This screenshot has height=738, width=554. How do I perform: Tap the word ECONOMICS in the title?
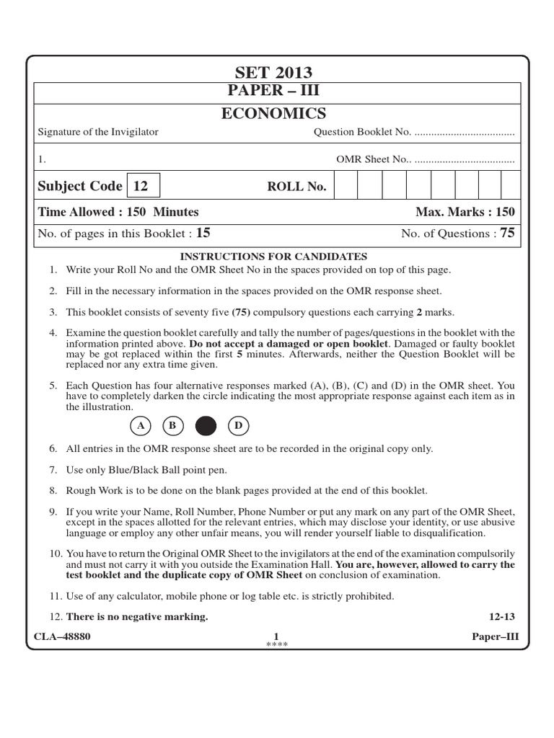click(x=273, y=113)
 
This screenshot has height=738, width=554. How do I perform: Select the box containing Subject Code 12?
click(x=143, y=186)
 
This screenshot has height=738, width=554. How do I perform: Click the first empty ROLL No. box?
click(x=346, y=186)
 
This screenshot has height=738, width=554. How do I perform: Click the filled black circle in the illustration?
click(x=206, y=426)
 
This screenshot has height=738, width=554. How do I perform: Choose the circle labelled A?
click(x=141, y=426)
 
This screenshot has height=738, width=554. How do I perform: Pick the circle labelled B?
click(x=172, y=426)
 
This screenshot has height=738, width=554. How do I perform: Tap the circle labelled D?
click(x=238, y=426)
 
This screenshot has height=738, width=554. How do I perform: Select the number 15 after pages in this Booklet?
click(x=203, y=233)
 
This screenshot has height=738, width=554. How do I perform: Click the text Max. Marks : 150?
click(x=465, y=212)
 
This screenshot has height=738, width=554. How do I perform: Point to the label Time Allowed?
click(x=76, y=212)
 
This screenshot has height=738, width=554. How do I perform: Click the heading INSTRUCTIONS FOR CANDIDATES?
click(x=273, y=257)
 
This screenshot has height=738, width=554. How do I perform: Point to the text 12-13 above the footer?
click(x=502, y=617)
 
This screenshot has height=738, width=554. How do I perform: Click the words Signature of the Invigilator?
click(x=97, y=132)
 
